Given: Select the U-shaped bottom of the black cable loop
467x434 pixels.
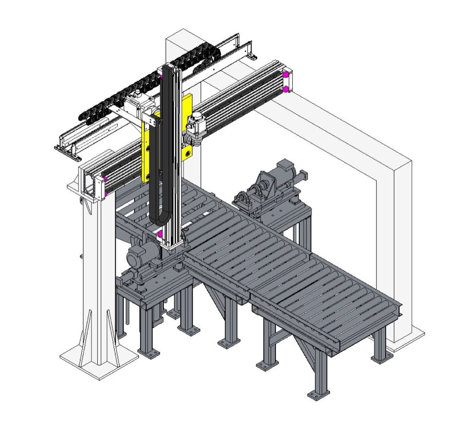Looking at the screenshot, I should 161,220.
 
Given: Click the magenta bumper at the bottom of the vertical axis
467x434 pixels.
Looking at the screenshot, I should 160,233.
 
